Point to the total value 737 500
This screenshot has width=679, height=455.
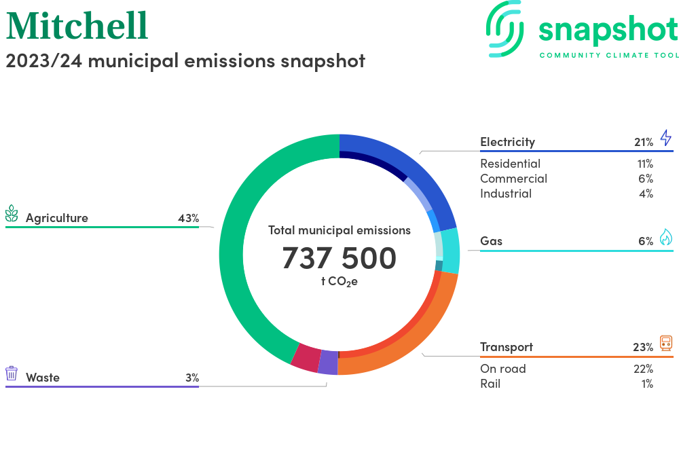click(x=339, y=258)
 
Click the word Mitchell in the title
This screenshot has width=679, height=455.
click(x=77, y=26)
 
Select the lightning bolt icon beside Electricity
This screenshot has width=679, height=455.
click(x=665, y=139)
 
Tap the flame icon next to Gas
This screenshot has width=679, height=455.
click(x=665, y=237)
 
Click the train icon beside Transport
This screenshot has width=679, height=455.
click(x=665, y=343)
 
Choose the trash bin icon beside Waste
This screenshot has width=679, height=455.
click(x=12, y=374)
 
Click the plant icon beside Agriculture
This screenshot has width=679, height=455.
click(x=12, y=214)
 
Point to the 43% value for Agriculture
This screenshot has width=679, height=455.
click(x=188, y=219)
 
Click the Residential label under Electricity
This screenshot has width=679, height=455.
click(x=510, y=164)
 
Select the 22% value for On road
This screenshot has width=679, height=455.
click(x=642, y=369)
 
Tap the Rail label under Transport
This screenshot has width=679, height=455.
click(x=490, y=384)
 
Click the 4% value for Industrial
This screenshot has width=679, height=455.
click(x=646, y=194)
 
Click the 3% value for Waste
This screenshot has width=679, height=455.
click(x=192, y=378)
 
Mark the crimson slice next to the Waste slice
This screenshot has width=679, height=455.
click(x=306, y=357)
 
